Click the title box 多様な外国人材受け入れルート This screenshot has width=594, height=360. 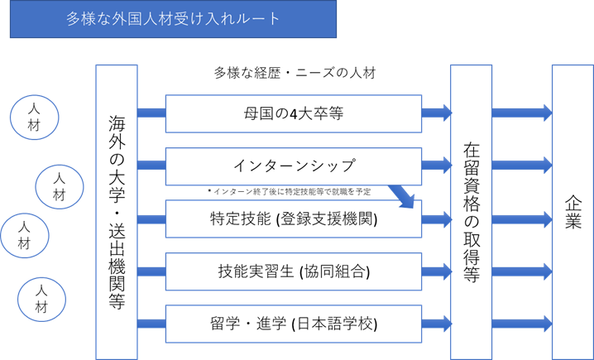(x=172, y=19)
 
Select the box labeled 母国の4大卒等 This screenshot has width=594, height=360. (x=294, y=113)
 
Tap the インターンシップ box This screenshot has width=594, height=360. (x=294, y=166)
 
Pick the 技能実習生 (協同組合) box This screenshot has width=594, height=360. (x=294, y=271)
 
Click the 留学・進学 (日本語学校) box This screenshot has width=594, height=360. (x=294, y=323)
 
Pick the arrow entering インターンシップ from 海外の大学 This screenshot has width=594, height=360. (x=151, y=166)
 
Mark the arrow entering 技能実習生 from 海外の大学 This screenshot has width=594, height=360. (x=151, y=271)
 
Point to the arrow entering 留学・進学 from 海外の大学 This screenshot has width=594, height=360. (x=151, y=323)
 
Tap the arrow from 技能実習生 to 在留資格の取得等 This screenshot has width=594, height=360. (x=436, y=271)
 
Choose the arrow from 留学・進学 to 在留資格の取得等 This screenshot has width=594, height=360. (x=436, y=323)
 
